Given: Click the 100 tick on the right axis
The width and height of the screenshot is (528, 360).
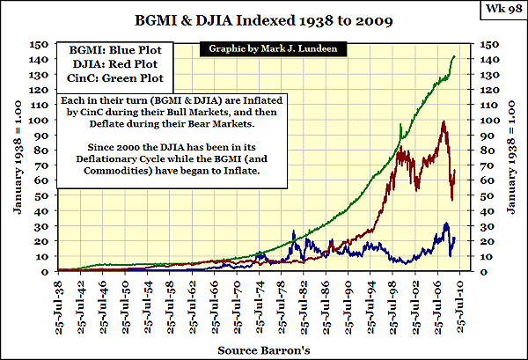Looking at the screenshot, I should coord(487,120).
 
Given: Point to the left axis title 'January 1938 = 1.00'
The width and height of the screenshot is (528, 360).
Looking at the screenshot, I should coord(17,158).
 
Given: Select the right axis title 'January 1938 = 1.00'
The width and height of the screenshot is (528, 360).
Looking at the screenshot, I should coord(513,158).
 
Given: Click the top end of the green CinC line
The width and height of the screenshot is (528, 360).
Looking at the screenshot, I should coord(454,56).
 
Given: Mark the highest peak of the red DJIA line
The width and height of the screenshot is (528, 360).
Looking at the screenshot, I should coord(443,121).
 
